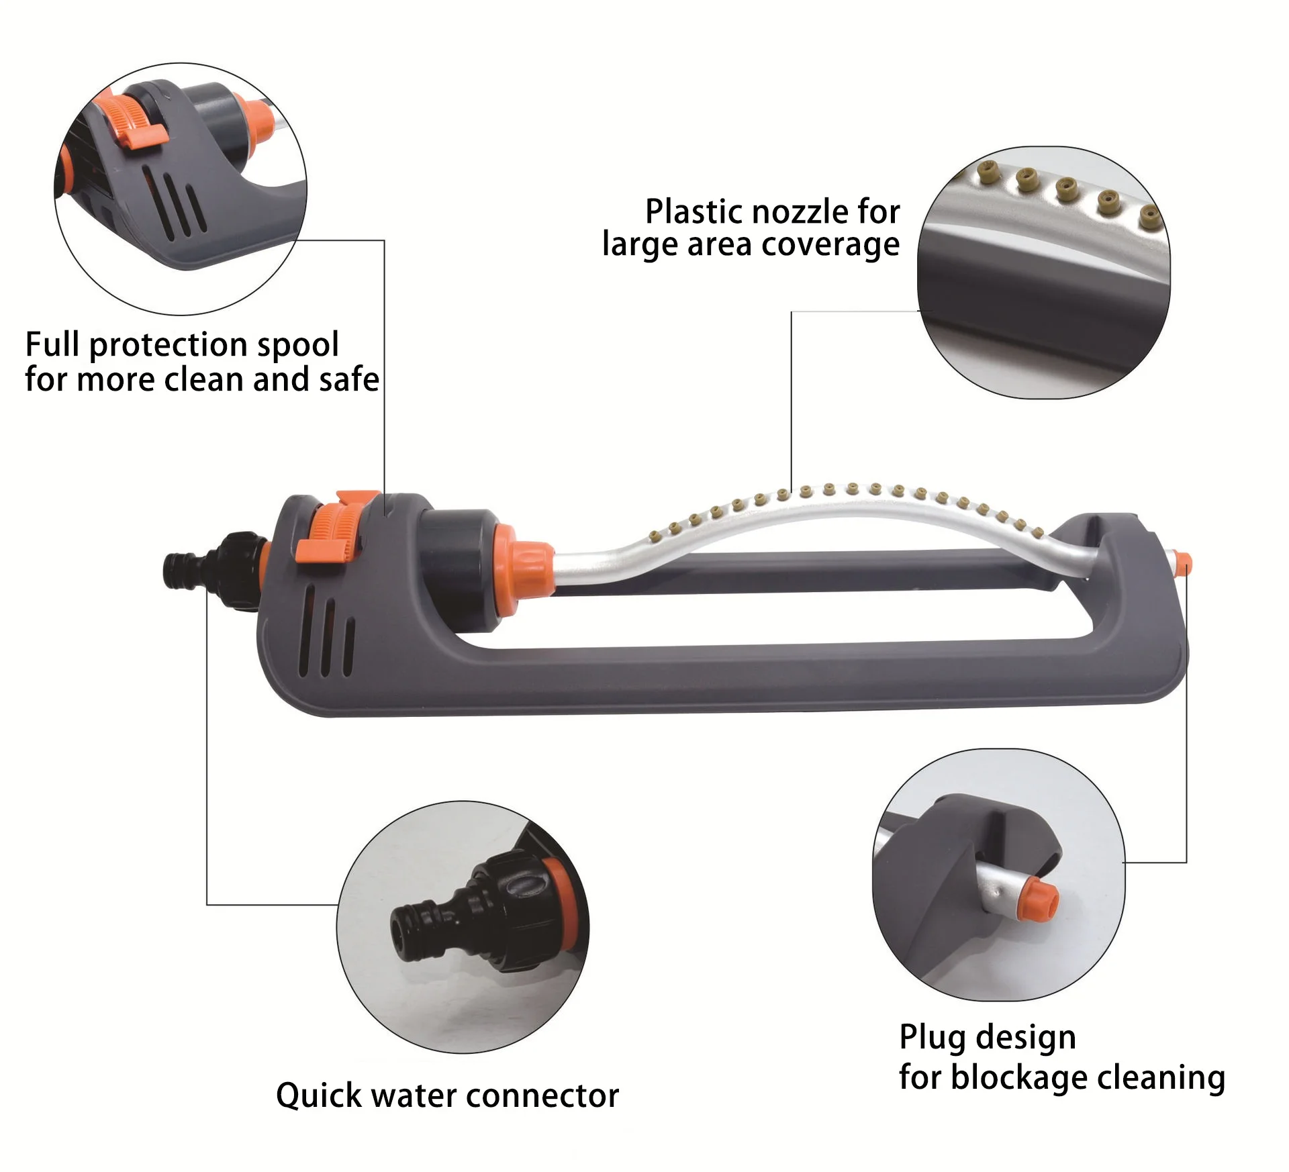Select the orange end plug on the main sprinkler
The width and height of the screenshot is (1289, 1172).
pyautogui.click(x=1183, y=561)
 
